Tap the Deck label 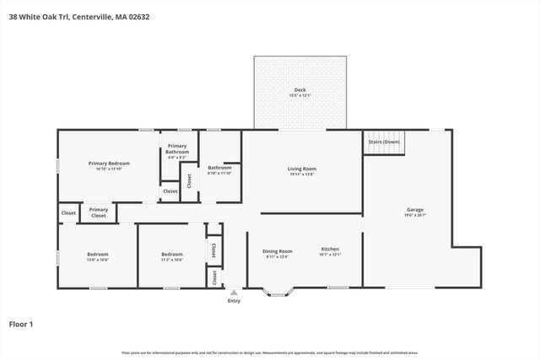pyautogui.click(x=300, y=89)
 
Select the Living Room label pyautogui.click(x=302, y=169)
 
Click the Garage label pyautogui.click(x=415, y=209)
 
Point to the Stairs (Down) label pyautogui.click(x=384, y=142)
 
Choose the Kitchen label pyautogui.click(x=330, y=250)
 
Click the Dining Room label pyautogui.click(x=278, y=250)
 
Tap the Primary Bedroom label pyautogui.click(x=110, y=163)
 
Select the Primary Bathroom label pyautogui.click(x=177, y=149)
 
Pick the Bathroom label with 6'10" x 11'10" pyautogui.click(x=220, y=168)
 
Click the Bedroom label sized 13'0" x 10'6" pyautogui.click(x=98, y=254)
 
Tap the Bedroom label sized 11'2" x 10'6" pyautogui.click(x=172, y=254)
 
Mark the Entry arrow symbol pyautogui.click(x=234, y=293)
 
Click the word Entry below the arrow pyautogui.click(x=234, y=301)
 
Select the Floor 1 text pyautogui.click(x=21, y=324)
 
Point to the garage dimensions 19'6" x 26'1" pyautogui.click(x=415, y=215)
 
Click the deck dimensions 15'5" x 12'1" pyautogui.click(x=300, y=95)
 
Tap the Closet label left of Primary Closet pyautogui.click(x=68, y=213)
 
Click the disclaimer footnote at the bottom pyautogui.click(x=270, y=352)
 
